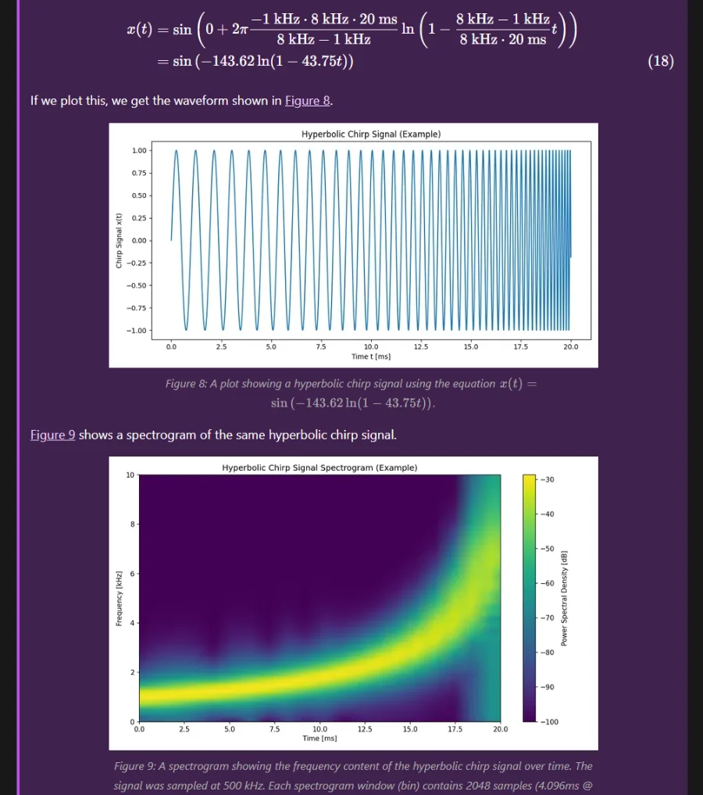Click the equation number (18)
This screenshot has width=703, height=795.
tap(661, 62)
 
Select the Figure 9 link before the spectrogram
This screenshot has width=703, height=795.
tap(52, 435)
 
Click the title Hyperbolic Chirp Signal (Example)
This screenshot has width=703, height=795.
tap(371, 134)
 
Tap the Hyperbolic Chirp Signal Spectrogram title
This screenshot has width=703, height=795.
tap(319, 467)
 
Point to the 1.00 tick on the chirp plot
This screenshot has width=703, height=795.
tap(138, 150)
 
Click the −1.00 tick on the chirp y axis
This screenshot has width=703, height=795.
tap(137, 331)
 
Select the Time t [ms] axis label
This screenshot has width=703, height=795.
tap(371, 356)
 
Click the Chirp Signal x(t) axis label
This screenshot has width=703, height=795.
tap(119, 241)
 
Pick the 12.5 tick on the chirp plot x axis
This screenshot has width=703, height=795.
tap(421, 346)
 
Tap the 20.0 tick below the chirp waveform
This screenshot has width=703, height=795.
tap(571, 346)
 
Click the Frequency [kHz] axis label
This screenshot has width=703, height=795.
tap(119, 598)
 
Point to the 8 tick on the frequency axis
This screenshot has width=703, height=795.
tap(132, 525)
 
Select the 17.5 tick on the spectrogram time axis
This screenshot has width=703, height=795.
tap(455, 729)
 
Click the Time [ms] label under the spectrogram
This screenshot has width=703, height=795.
tap(319, 738)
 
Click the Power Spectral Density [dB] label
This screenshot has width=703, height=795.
tap(564, 598)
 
